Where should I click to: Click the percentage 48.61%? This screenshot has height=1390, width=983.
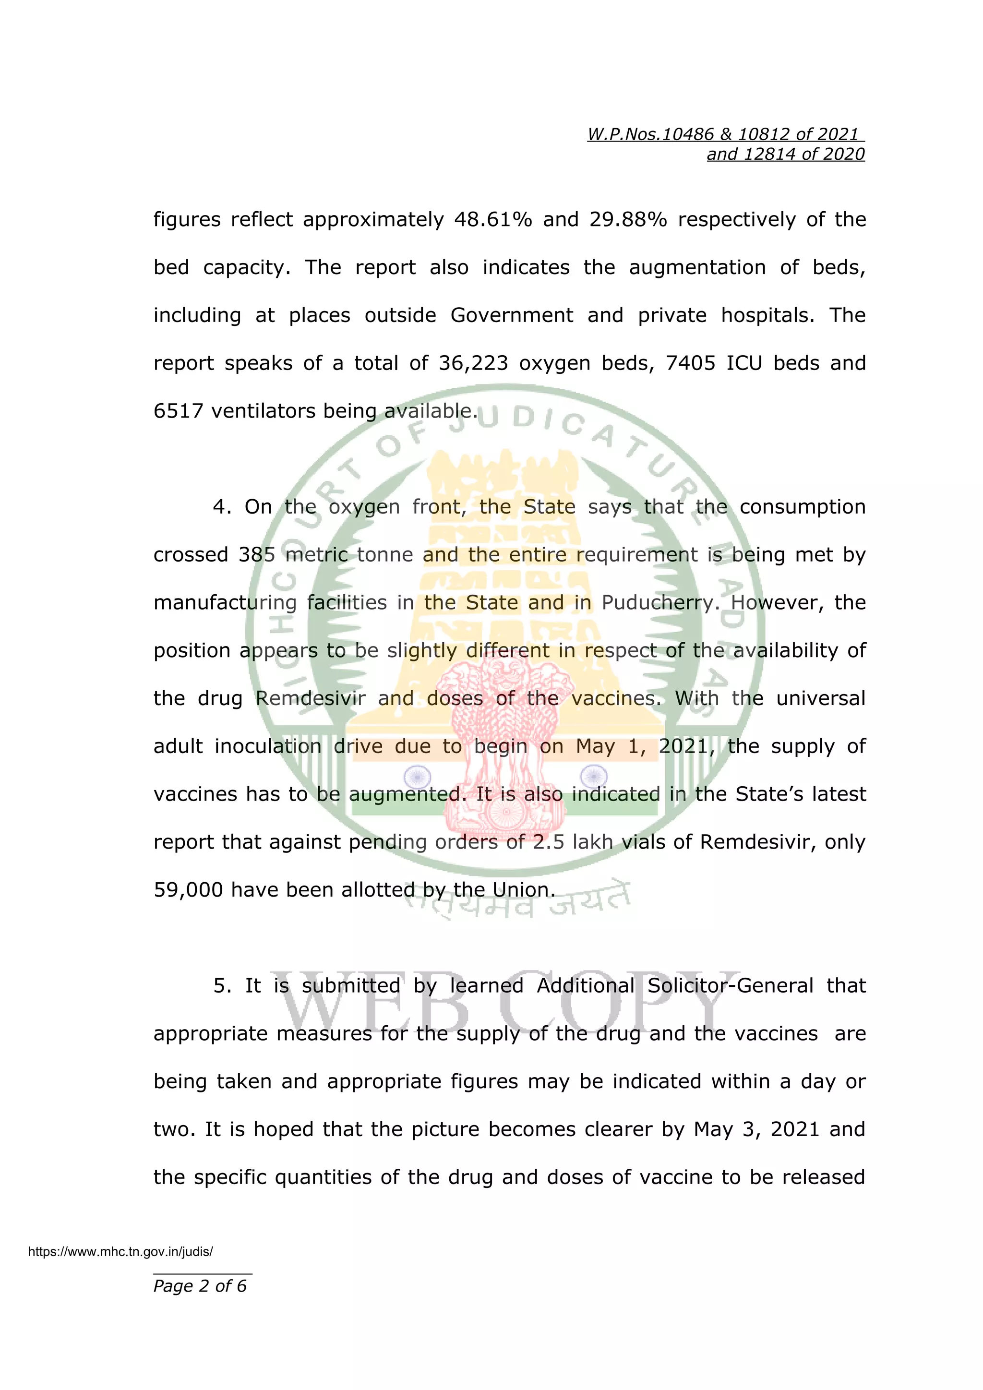click(493, 219)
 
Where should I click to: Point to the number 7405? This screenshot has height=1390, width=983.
click(690, 363)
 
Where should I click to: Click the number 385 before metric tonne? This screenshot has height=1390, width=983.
click(257, 555)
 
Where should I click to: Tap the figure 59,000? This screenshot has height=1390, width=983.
click(188, 890)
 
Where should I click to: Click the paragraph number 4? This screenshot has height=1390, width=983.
click(222, 507)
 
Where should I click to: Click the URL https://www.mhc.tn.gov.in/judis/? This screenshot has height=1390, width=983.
click(120, 1252)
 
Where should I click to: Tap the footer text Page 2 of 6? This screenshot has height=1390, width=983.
click(200, 1286)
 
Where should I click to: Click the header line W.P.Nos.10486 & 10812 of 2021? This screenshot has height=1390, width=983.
click(725, 134)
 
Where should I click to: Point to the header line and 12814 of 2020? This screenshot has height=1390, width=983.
click(786, 155)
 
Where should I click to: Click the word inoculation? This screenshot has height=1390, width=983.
click(267, 746)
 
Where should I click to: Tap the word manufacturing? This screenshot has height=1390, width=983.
click(225, 603)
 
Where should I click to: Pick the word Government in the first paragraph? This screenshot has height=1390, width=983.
click(512, 315)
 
